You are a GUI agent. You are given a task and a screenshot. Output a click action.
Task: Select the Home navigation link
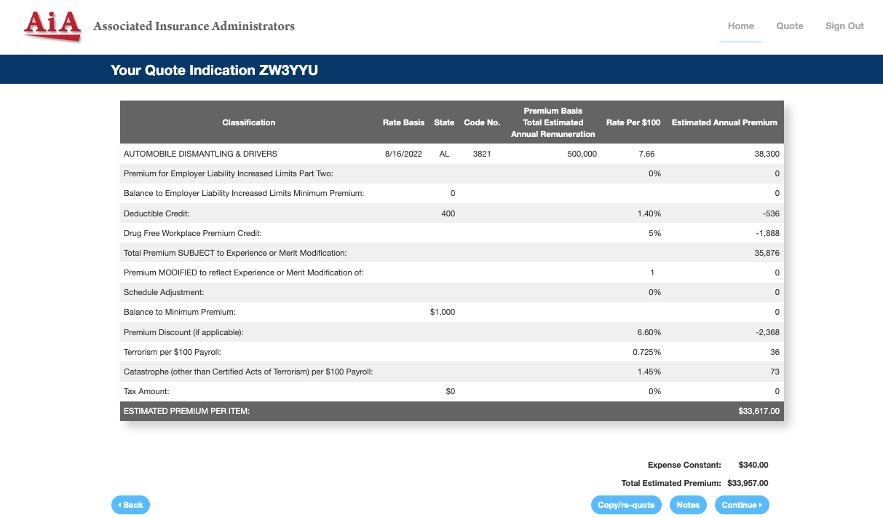[x=740, y=26]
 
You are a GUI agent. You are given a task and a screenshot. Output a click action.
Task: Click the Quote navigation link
[x=789, y=26]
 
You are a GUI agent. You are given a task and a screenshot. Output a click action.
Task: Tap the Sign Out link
[x=844, y=26]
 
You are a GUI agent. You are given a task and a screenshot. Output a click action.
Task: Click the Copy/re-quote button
[x=626, y=505]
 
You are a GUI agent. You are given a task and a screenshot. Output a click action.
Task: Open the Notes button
[x=688, y=505]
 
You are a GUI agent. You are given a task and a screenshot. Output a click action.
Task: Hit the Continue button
[x=742, y=505]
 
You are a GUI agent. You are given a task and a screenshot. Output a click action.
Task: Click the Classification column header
[x=249, y=122]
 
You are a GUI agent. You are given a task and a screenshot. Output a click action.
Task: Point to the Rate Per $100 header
[x=633, y=122]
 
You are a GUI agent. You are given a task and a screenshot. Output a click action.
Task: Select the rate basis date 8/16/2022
[x=403, y=154]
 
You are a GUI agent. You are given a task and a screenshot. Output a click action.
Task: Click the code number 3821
[x=482, y=154]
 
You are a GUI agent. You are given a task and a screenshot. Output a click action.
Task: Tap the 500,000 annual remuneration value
[x=582, y=154]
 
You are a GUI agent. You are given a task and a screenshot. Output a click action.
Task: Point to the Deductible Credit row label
[x=157, y=213]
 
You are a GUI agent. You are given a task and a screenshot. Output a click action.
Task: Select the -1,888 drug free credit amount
[x=767, y=233]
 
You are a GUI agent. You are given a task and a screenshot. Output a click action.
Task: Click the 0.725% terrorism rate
[x=646, y=352]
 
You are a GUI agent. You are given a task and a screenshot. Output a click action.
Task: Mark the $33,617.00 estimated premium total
[x=759, y=411]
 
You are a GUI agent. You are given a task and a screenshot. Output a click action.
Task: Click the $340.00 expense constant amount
[x=753, y=465]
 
